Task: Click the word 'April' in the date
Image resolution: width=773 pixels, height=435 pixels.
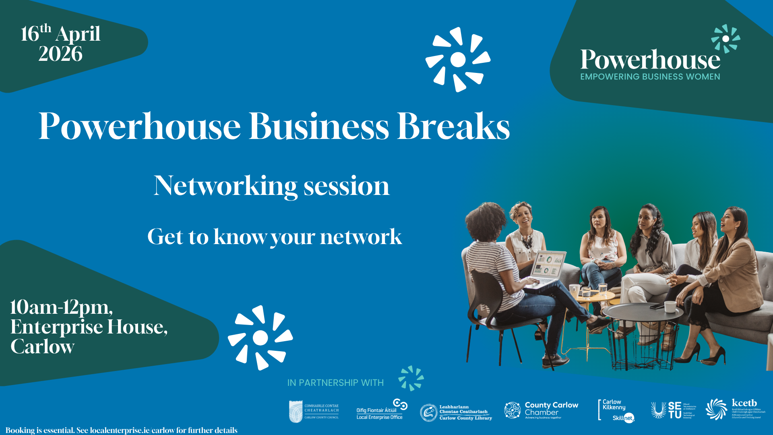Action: tap(78, 34)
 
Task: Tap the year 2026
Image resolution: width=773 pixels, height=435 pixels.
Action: tap(60, 54)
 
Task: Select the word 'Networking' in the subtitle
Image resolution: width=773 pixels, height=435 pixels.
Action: tap(225, 186)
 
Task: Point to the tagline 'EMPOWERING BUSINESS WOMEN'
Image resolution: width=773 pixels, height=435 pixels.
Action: tap(650, 77)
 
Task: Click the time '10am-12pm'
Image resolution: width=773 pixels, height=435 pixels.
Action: tap(61, 307)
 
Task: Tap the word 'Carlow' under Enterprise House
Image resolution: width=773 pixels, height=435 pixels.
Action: tap(43, 346)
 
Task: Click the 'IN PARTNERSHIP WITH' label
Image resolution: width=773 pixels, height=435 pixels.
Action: tap(335, 383)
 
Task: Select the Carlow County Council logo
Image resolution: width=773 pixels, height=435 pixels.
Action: tap(314, 411)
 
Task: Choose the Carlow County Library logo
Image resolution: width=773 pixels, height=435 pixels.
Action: tap(456, 412)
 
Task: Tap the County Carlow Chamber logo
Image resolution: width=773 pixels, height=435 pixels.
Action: tap(541, 410)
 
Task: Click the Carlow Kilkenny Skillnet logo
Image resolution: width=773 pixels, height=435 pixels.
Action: tap(616, 410)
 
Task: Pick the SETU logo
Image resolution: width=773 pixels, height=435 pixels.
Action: tap(673, 410)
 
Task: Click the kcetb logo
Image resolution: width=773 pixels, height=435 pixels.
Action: tap(735, 409)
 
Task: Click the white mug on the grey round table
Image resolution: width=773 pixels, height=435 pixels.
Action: tap(670, 307)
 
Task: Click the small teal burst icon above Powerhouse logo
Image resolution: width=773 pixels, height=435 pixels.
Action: tap(725, 39)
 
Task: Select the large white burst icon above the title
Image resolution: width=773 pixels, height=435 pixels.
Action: tap(458, 60)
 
